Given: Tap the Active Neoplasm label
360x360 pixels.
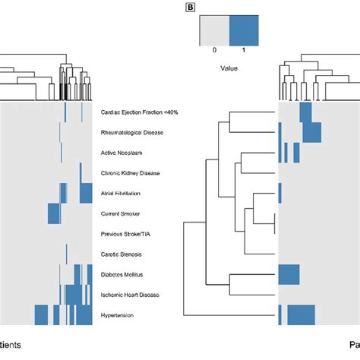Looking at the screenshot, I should pos(122,153).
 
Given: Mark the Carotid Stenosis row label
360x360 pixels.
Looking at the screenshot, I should pos(122,254).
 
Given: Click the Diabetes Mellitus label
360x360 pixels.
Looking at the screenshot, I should pos(123,273).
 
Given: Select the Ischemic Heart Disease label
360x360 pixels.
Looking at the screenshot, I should pos(130,294).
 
